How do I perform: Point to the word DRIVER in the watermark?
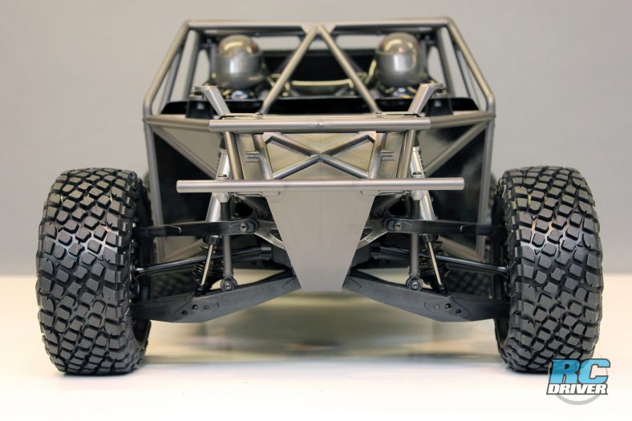(577, 388)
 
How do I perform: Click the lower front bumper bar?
(321, 185)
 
